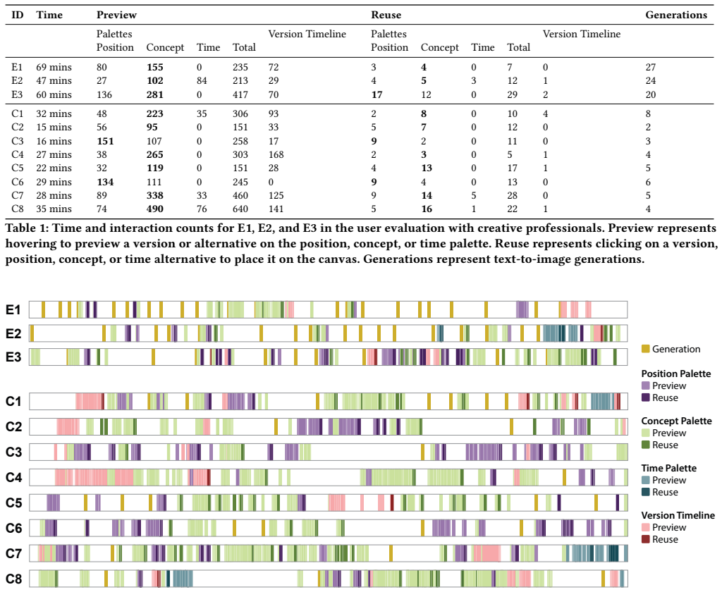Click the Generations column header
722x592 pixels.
click(676, 15)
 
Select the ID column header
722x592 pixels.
click(17, 15)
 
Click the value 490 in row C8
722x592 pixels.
click(154, 209)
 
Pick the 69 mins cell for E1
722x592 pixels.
click(54, 67)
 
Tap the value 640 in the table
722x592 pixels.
click(240, 209)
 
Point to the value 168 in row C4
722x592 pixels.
click(276, 154)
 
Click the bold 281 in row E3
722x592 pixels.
click(154, 95)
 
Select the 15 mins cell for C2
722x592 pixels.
click(54, 127)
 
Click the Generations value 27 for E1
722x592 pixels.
click(651, 67)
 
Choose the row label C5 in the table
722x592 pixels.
click(18, 168)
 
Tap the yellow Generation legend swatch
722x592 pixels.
click(646, 349)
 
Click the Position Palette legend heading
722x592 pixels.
click(676, 374)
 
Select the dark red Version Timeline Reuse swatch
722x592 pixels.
click(646, 539)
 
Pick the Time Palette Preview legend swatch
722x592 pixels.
click(646, 480)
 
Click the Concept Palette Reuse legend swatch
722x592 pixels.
click(646, 445)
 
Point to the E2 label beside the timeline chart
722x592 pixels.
click(13, 333)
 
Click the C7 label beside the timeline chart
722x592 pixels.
click(14, 553)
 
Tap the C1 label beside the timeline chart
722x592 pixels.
click(14, 402)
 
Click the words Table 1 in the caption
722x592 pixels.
click(27, 228)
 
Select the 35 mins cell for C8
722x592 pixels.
click(54, 209)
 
